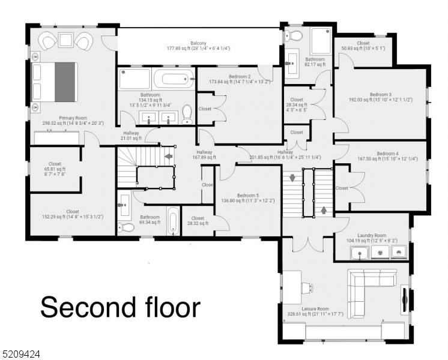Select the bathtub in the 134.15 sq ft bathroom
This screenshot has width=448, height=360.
coord(173,79)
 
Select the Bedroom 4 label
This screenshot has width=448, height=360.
coord(387,155)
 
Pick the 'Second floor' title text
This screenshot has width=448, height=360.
coord(120,307)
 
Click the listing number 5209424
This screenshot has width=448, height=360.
coord(21,354)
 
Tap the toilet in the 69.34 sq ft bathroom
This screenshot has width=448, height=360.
coord(126,227)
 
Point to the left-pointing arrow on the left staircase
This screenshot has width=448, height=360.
coord(168,157)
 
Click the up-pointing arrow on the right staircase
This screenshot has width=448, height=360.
coord(325,210)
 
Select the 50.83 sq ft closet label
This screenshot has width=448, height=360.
coord(363,46)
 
